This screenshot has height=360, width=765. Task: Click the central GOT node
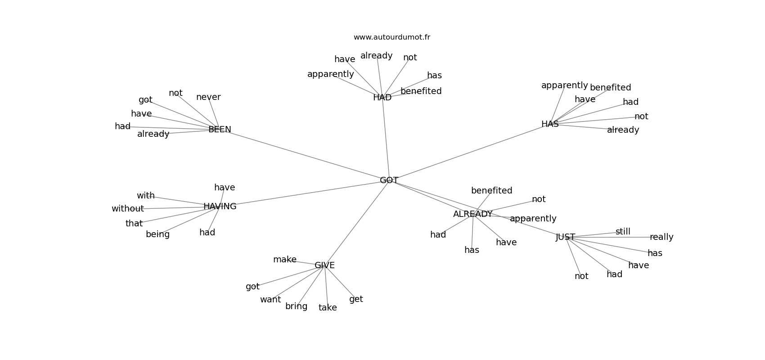(389, 180)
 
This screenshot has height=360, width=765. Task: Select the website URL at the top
(391, 37)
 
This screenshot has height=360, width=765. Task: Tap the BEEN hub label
(220, 130)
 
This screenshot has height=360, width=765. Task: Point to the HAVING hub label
(220, 207)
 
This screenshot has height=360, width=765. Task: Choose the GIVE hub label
(324, 265)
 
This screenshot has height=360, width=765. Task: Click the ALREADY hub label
(472, 214)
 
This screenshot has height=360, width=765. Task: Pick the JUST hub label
(565, 237)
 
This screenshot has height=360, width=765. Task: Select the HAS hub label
(550, 124)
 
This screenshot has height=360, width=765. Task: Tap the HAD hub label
(382, 98)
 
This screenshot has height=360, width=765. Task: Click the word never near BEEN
(208, 97)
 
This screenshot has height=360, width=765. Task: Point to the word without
(128, 209)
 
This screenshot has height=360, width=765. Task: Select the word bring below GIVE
(296, 306)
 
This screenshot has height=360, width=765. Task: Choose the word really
(661, 237)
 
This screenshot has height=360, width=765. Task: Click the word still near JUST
(623, 232)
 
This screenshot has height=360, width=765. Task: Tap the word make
(285, 260)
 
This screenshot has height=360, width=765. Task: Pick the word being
(157, 234)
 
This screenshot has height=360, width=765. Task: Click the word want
(270, 300)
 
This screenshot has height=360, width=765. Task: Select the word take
(328, 308)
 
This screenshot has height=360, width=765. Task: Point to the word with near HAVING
(146, 196)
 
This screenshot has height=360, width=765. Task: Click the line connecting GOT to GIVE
(357, 223)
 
